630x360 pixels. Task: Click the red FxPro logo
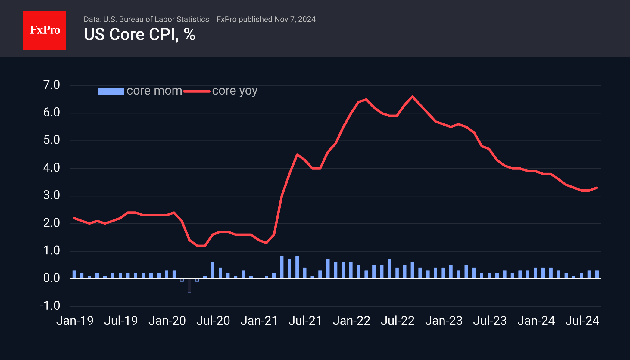coord(45,30)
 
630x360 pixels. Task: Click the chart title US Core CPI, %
coord(139,35)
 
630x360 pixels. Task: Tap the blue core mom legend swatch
coord(111,91)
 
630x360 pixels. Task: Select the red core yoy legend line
coord(197,91)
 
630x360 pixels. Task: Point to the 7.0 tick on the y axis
coord(51,85)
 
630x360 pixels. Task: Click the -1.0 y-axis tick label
coord(50,306)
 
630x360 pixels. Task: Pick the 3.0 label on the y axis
coord(51,196)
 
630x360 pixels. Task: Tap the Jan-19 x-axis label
coord(75,321)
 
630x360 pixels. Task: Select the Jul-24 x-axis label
coord(582,321)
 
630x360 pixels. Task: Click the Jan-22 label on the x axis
coord(351,321)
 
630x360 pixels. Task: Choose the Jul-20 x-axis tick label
coord(213,321)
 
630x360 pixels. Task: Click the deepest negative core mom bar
coord(189,286)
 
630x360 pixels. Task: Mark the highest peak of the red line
coord(412,97)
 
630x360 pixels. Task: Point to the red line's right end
coord(597,188)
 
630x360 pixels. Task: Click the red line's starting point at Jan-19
coord(74,218)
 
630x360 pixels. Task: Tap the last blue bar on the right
coord(597,275)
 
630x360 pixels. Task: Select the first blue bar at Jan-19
coord(74,275)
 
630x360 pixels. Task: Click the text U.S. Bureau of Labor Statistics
coord(156,20)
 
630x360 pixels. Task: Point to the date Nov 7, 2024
coord(295,20)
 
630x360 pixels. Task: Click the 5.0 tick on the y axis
coord(51,140)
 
